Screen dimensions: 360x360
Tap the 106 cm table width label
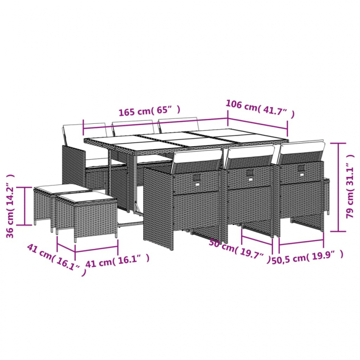(x=260, y=108)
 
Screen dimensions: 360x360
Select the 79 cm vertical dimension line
(x=338, y=187)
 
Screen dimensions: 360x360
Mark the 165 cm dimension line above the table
(x=155, y=125)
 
